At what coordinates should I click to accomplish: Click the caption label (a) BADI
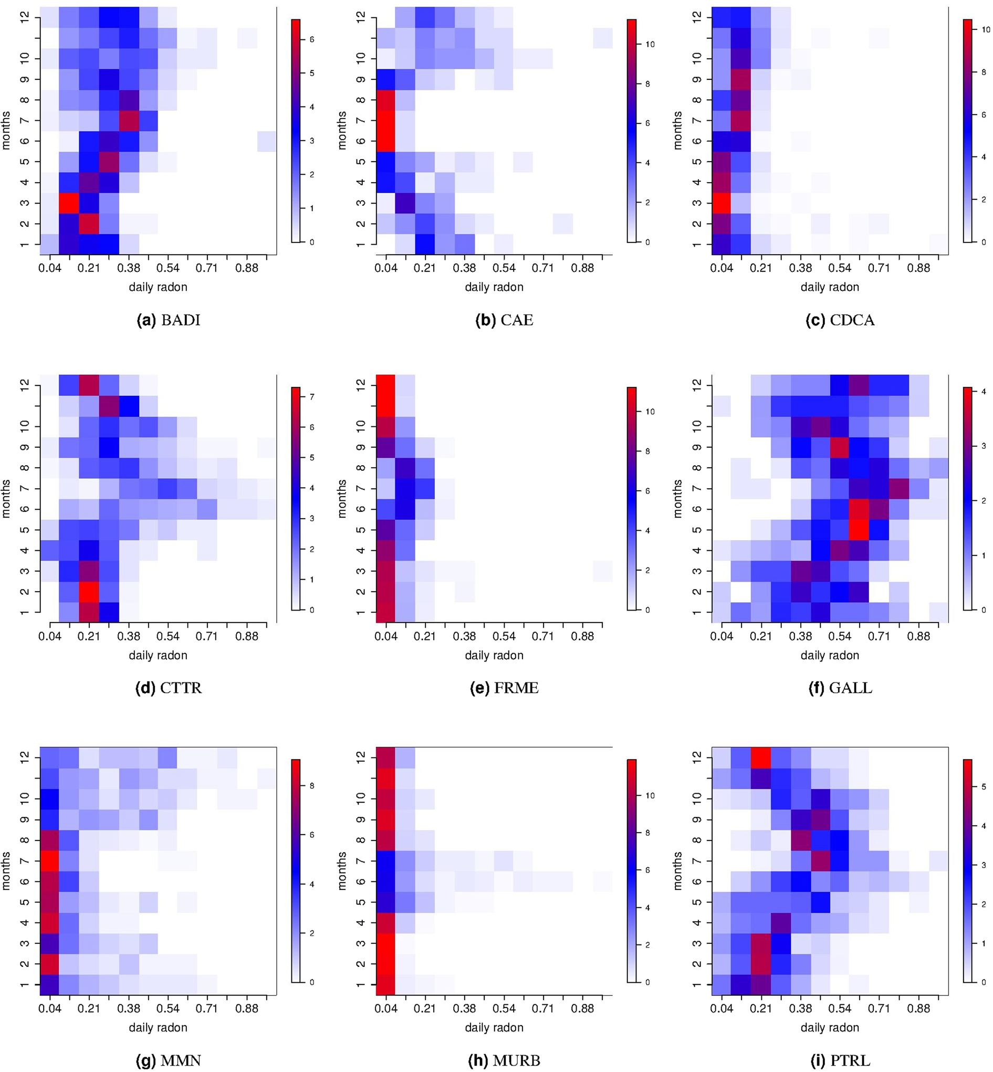point(168,320)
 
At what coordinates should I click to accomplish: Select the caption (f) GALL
point(840,688)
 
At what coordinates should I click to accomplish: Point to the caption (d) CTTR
point(168,688)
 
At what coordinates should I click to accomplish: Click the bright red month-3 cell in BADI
point(69,203)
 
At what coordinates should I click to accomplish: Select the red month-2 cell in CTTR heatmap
point(89,591)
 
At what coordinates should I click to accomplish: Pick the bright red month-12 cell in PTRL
point(761,757)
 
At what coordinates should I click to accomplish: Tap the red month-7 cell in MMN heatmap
point(49,861)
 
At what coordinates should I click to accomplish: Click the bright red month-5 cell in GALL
point(860,530)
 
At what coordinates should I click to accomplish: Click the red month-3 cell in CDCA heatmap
point(721,203)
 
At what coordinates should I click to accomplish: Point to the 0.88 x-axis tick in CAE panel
point(582,268)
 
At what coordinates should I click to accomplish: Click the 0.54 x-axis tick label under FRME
point(504,636)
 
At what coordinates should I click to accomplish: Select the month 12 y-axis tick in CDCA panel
point(697,17)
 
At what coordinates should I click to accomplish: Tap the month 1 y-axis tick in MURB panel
point(361,984)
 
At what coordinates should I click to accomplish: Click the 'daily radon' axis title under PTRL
point(830,1027)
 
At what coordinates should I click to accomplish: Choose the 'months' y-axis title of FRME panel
point(342,498)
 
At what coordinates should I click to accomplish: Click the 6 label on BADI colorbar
point(311,39)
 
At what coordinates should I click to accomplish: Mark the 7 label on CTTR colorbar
point(311,397)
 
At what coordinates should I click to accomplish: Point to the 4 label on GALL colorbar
point(984,392)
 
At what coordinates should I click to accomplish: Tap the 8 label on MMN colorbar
point(311,786)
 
